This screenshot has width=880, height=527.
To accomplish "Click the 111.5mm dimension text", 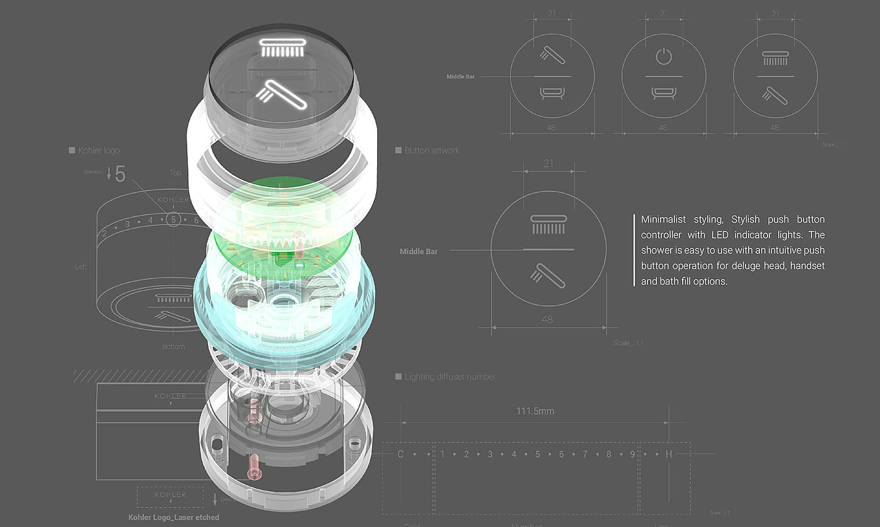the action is coord(536,411).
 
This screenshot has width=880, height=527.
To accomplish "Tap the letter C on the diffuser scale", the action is coord(400,454).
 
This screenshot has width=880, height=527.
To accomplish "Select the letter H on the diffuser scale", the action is coord(668,454).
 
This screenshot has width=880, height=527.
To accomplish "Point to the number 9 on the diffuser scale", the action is coord(632,454).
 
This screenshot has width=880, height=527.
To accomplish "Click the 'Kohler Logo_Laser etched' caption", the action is coord(173,517).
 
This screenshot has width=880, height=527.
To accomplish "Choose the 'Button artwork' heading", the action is coord(432,150).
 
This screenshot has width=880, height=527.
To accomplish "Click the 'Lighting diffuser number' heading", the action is coord(449,377).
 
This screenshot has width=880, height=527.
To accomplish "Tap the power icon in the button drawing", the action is coord(663,57).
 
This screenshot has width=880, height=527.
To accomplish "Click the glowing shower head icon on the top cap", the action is coord(282,48).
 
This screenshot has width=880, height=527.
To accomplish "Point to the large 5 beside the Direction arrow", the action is coord(120,174).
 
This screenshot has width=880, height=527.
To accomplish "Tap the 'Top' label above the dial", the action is coord(175,172).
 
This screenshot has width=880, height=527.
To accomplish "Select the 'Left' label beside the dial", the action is coord(81,267).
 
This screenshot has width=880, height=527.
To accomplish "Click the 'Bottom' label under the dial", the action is coord(173,347).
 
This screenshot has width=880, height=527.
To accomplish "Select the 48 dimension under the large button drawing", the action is coord(547,319).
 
